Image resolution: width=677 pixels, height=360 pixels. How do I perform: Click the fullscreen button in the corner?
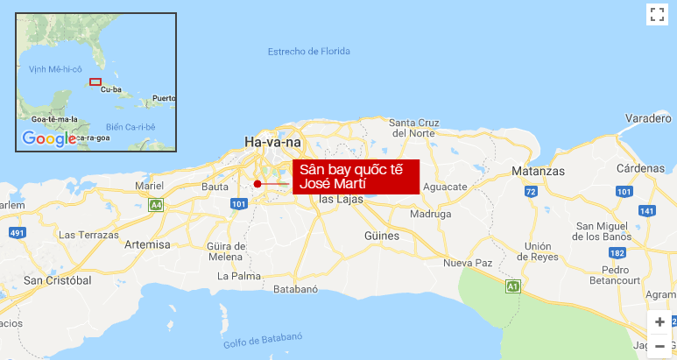pos(658,14)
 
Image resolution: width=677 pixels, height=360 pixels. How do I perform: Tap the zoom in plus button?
pos(659,321)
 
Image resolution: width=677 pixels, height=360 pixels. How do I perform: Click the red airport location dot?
pos(257,183)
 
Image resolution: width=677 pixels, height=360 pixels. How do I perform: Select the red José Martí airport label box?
pos(356,176)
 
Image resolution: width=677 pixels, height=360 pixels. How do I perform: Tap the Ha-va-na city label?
pos(272,142)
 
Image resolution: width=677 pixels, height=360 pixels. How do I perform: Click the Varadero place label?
pos(649,118)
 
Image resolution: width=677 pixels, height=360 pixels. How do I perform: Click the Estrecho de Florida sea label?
pos(309,52)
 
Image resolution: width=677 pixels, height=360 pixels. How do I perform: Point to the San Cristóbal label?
pos(58,280)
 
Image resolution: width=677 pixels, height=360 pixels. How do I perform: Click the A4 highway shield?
pos(156,205)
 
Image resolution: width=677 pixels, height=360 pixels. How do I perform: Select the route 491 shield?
pos(17,233)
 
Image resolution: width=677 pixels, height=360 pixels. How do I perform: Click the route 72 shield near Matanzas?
pos(530,191)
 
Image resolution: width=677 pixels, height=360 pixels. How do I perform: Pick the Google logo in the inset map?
pos(49,138)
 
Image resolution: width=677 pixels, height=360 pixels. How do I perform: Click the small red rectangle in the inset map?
pos(95,82)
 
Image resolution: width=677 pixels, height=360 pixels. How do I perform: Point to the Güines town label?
pos(382,236)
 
